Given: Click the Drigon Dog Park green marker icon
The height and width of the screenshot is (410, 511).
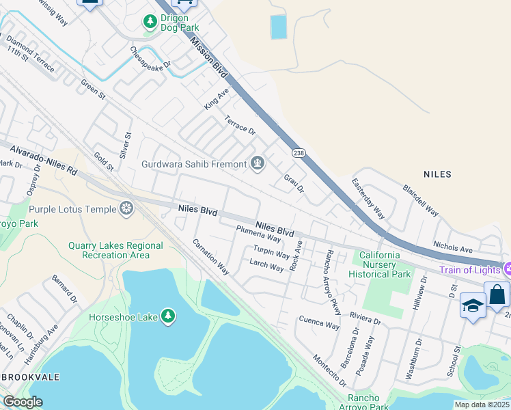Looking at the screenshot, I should tap(150, 22).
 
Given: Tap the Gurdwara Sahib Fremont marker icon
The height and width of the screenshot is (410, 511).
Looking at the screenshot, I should tap(258, 163).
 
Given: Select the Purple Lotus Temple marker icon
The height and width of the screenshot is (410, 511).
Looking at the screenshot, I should tap(126, 208).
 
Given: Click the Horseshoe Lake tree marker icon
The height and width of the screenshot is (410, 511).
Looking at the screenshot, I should tap(167, 316).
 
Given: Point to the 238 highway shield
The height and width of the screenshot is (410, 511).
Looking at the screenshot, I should tap(298, 152).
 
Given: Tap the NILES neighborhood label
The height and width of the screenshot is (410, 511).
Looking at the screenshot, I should tap(437, 174).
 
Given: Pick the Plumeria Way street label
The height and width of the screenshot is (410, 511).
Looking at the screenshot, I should tap(258, 234).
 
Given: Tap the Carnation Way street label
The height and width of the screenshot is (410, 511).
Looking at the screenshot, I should tap(210, 257).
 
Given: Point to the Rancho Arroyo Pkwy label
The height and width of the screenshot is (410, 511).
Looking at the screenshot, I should tap(332, 277).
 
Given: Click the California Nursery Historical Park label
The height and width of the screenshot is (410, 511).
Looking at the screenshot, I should tap(380, 264).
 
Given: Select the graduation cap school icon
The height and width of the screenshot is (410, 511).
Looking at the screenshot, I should tap(473, 305).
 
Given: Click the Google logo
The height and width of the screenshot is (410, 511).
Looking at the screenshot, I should tap(23, 402).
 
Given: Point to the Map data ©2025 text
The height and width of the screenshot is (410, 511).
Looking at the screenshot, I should tap(482, 405).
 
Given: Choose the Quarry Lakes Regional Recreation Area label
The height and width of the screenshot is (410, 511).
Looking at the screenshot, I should tap(115, 250).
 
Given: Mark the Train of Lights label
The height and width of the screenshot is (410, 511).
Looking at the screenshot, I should tap(470, 271).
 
